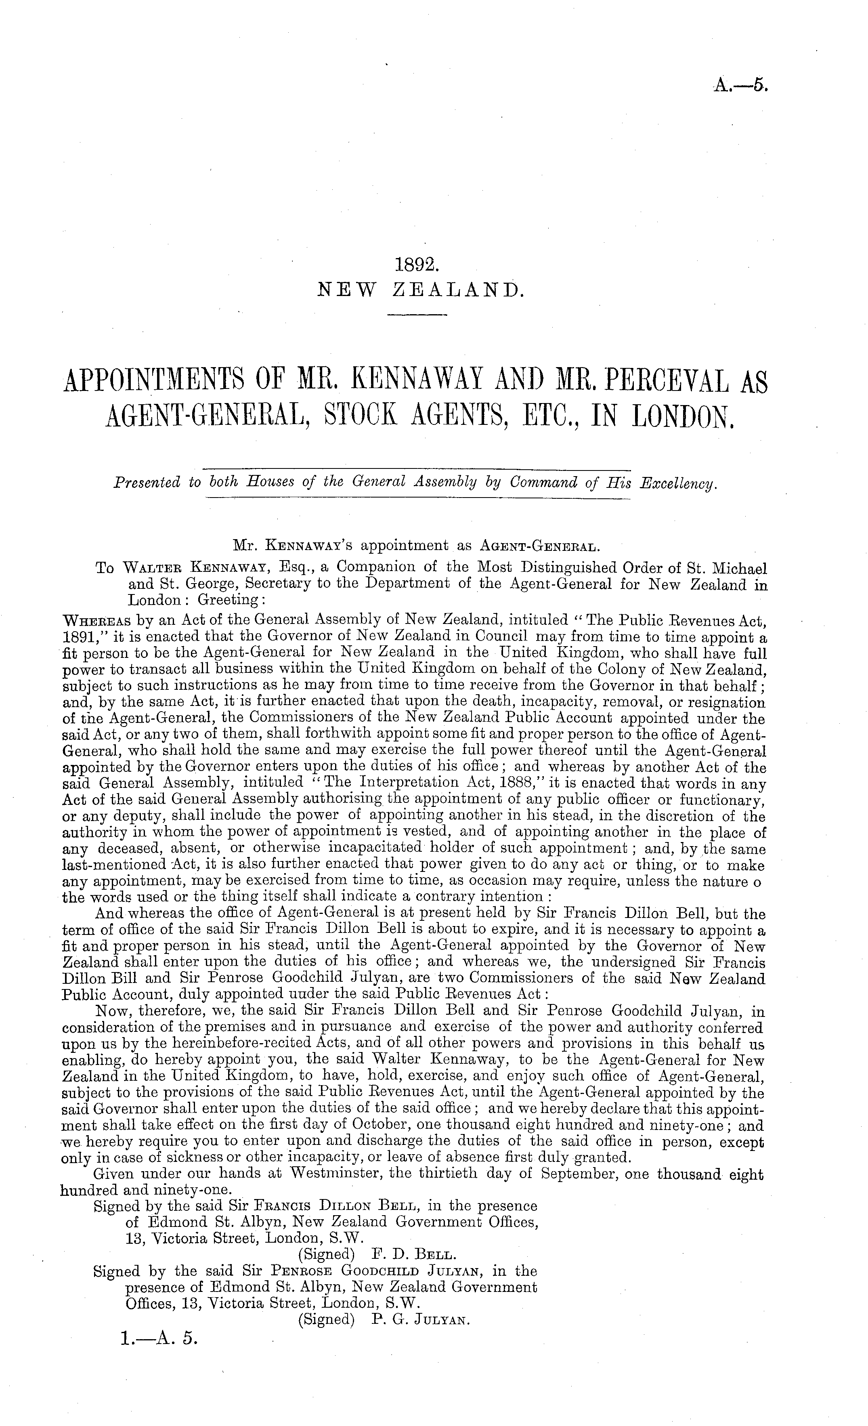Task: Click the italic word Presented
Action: click(148, 483)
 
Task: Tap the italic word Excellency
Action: click(677, 483)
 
